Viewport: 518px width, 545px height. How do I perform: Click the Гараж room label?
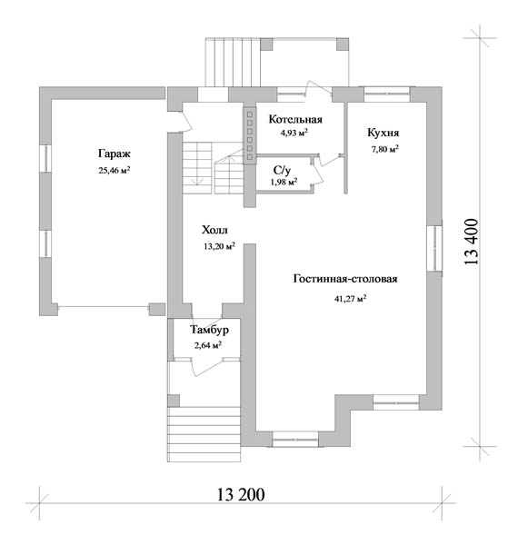point(114,154)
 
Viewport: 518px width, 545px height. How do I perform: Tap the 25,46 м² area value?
point(115,171)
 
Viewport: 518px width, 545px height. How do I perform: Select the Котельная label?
point(295,120)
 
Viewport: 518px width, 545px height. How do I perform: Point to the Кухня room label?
point(384,133)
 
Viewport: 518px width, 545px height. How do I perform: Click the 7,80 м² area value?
point(384,150)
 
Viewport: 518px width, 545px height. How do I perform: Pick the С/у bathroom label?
point(282,171)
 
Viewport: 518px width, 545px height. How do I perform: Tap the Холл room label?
point(214,230)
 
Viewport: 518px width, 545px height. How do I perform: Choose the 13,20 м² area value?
point(219,246)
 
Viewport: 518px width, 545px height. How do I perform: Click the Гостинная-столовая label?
point(345,279)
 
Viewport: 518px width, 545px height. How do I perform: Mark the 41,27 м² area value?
point(351,299)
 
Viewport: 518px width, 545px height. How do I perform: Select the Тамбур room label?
point(210,330)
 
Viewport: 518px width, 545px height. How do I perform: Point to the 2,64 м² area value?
point(208,345)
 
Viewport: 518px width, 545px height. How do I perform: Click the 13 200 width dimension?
point(241,495)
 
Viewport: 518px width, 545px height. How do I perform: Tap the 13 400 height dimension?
point(471,242)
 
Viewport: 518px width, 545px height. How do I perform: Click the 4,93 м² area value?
point(294,133)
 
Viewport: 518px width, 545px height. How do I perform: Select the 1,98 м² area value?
point(284,182)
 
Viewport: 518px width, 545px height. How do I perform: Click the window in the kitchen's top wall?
point(387,94)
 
